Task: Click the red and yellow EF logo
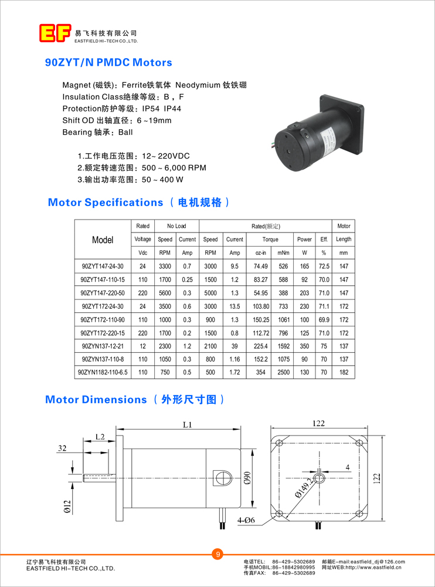[55, 33]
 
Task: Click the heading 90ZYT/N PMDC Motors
[108, 62]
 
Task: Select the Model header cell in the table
[103, 239]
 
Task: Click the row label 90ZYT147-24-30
[103, 266]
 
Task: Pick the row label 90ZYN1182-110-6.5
[103, 372]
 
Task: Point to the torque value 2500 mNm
[283, 372]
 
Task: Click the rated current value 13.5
[235, 306]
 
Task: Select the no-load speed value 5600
[165, 293]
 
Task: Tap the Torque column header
[270, 239]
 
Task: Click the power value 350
[304, 346]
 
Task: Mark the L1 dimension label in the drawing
[187, 424]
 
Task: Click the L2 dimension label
[100, 437]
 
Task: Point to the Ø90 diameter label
[248, 478]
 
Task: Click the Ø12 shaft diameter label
[66, 505]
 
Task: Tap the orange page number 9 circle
[217, 554]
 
